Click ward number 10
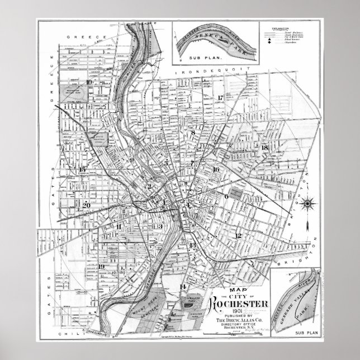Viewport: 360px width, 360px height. coord(89,82)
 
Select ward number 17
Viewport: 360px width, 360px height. coord(220,98)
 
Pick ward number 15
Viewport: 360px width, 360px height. coord(83,169)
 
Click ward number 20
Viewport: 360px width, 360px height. coord(86,205)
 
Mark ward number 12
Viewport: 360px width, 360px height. coord(238,235)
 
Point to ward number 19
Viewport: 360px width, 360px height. coord(101,266)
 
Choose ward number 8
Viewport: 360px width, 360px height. coord(193,132)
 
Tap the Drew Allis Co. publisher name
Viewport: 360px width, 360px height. coord(239,328)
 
